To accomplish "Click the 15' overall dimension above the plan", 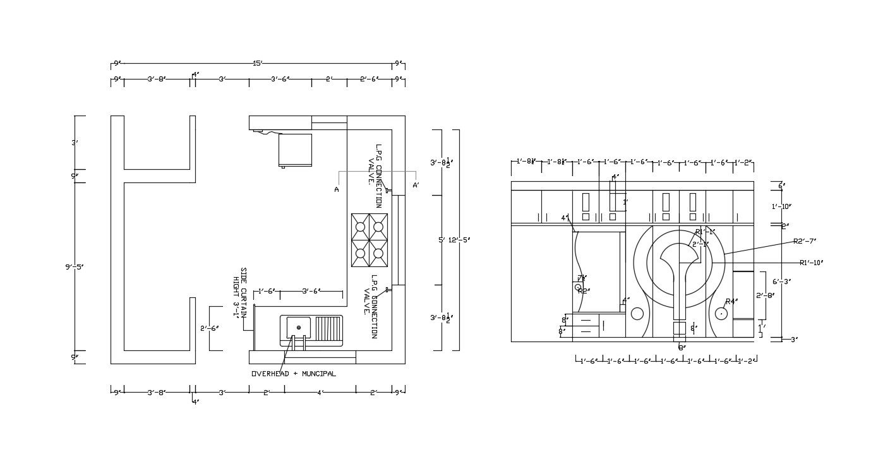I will coord(257,63).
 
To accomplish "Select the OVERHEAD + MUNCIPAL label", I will coord(294,374).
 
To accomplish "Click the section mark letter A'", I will coord(416,186).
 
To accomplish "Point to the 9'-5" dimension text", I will coord(74,267).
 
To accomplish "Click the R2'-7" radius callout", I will coord(805,241).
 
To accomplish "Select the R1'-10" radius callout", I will coord(811,263).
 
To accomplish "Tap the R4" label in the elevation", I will coord(731,302).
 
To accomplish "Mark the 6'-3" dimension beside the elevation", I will coord(782,282).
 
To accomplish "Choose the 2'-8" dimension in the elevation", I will coord(766,295).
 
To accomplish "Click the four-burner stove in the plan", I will coord(369,240).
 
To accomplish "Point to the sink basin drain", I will coord(299,328).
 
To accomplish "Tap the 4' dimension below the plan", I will coord(320,393).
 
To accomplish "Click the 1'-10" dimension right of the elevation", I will coord(781,206).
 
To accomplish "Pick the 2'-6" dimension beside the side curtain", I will coord(210,328).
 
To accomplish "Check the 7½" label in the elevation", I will coord(581,278).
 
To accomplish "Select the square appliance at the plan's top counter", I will coord(295,150).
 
